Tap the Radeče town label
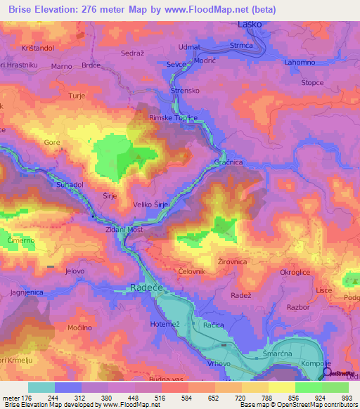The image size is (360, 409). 146,287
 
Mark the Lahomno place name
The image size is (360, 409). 300,62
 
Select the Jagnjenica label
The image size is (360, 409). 27,292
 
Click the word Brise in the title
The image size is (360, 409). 21,10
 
